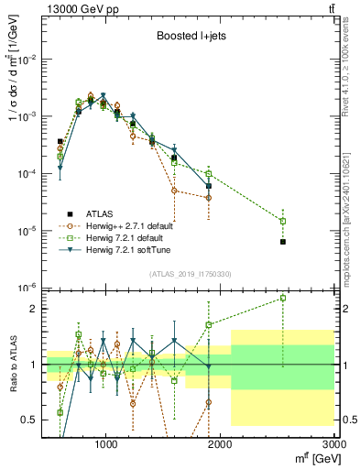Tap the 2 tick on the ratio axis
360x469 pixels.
(31, 309)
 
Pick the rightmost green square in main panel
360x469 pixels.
(283, 221)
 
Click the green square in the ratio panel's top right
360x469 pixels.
(283, 298)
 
